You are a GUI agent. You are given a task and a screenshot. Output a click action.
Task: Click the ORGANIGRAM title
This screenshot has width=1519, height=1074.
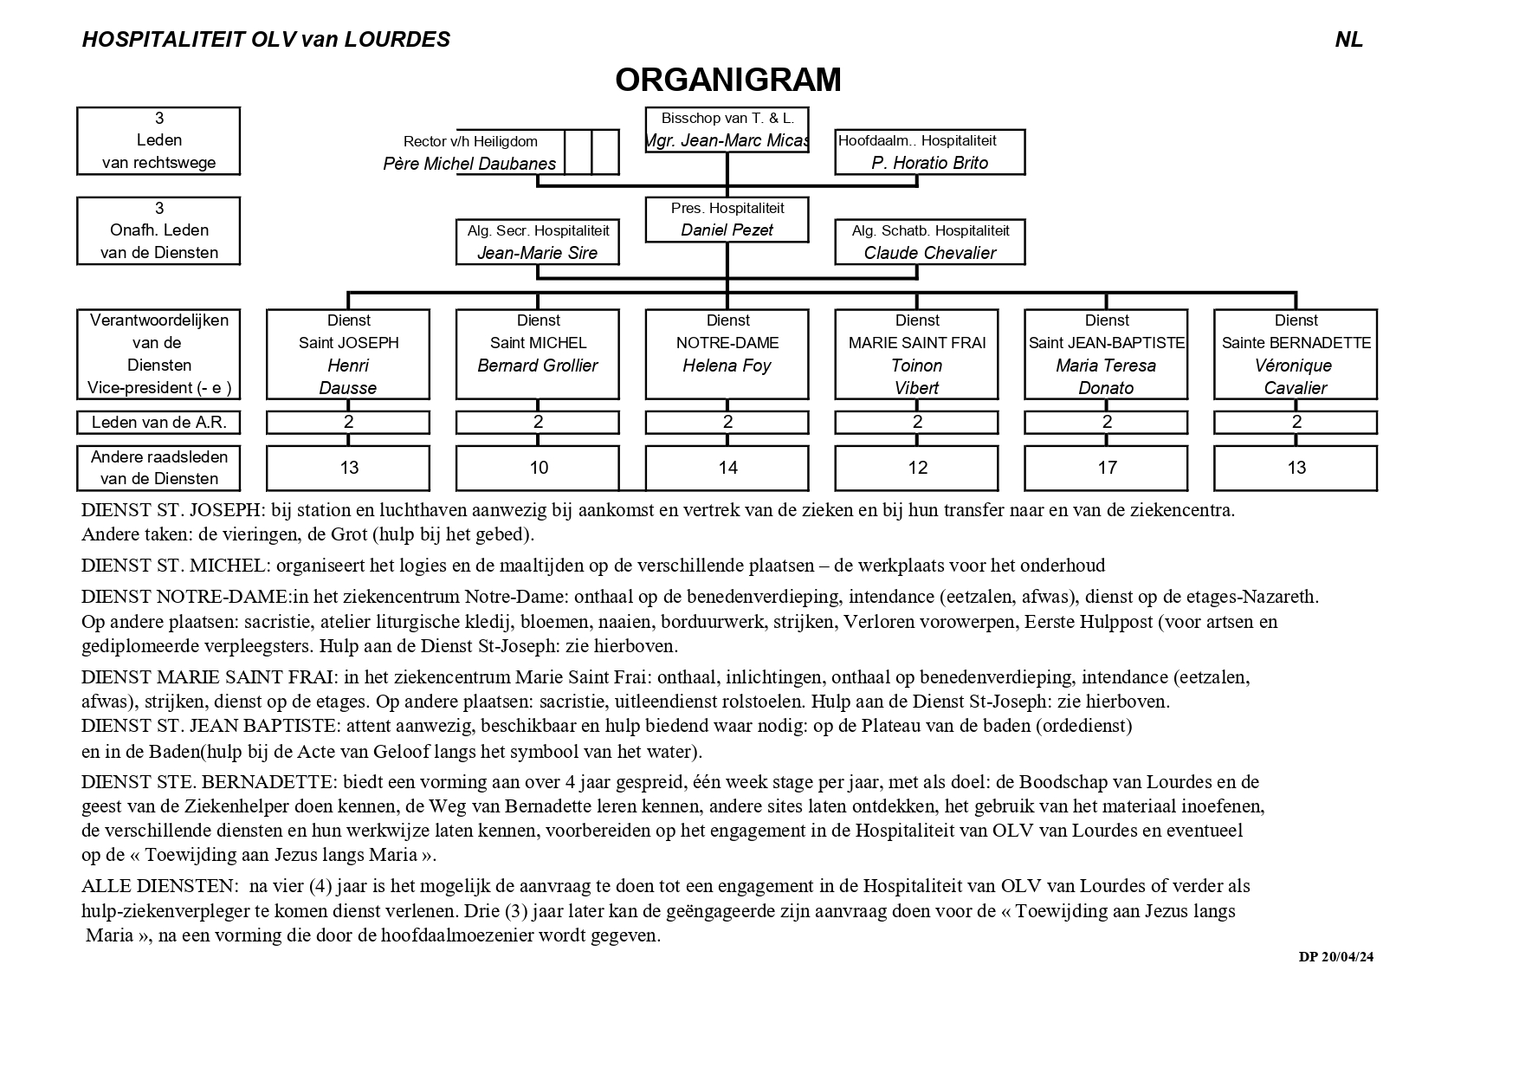(727, 80)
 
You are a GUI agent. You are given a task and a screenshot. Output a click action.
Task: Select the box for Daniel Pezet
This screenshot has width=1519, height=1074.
(727, 220)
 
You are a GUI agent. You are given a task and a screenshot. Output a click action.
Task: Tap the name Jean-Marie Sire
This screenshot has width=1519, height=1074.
(537, 253)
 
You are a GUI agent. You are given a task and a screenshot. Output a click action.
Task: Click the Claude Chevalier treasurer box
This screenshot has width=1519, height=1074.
(929, 242)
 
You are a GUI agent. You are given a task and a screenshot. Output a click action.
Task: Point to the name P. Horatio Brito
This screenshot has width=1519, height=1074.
(929, 163)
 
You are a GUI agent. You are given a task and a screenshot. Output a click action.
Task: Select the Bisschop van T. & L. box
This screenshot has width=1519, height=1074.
(727, 130)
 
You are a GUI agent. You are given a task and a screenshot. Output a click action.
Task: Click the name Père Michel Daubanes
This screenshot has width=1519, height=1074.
(469, 164)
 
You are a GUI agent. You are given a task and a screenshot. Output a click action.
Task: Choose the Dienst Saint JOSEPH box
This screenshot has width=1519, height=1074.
(348, 353)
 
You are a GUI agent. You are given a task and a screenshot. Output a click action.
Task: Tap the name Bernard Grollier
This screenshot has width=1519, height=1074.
(537, 366)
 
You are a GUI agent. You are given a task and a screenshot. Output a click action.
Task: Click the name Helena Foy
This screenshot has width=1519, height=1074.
(727, 366)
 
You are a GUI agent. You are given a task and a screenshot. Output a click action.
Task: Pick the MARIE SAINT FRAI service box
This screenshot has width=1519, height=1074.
(916, 353)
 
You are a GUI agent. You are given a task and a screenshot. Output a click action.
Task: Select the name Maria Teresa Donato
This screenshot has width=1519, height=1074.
(1106, 377)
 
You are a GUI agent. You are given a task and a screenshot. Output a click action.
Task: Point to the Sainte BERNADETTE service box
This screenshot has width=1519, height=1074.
(1296, 353)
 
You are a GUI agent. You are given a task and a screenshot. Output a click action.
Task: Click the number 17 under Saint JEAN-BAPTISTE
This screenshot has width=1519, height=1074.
(1107, 468)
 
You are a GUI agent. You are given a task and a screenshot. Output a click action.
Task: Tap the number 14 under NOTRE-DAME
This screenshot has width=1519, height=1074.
(727, 468)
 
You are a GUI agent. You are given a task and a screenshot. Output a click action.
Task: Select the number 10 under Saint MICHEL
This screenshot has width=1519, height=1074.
(538, 468)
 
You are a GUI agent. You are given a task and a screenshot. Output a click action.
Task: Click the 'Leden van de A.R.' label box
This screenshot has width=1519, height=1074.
(158, 423)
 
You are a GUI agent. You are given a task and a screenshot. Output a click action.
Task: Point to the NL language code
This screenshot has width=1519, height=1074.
(1348, 40)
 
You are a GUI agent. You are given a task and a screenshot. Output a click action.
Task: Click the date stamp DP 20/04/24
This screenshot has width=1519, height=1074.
(1335, 957)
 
